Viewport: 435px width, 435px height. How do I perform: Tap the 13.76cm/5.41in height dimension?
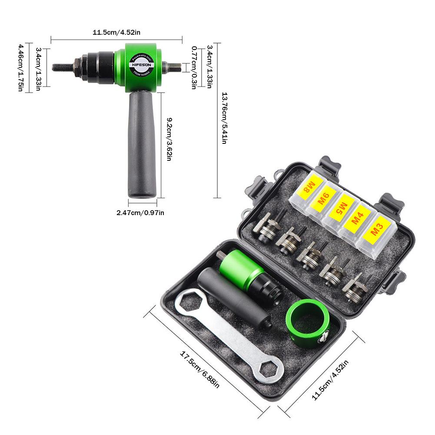[x=224, y=118]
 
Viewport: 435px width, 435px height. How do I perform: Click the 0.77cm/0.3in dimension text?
[x=193, y=68]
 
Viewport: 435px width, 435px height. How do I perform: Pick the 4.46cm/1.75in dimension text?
[x=20, y=67]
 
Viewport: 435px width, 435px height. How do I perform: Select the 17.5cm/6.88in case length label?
[x=200, y=370]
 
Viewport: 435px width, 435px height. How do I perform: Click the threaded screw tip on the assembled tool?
[x=63, y=67]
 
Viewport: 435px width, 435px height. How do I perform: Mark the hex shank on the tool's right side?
[x=173, y=67]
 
